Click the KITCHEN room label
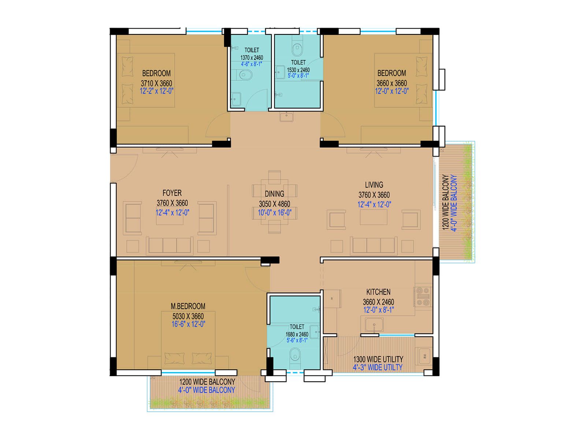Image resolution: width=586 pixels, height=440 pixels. [x=378, y=292]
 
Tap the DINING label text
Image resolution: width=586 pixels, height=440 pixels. [x=274, y=194]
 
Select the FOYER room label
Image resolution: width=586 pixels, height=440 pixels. [x=172, y=193]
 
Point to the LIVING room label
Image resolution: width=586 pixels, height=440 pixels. [x=374, y=185]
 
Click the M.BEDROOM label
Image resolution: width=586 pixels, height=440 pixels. [x=188, y=306]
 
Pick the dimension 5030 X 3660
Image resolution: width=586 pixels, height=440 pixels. [x=188, y=316]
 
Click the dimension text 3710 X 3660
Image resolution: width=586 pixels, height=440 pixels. [x=156, y=83]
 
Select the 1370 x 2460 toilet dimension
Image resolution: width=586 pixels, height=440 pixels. [x=252, y=58]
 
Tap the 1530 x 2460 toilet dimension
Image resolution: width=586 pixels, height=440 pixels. [x=298, y=70]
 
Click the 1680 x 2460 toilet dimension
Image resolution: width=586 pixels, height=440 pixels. [x=297, y=334]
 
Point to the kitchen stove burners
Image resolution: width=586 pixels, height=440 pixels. [x=423, y=297]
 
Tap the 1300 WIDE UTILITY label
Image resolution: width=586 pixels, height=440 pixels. [x=378, y=359]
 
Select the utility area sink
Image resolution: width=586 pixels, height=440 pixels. [x=424, y=355]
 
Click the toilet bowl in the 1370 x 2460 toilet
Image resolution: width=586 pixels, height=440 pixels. [x=245, y=76]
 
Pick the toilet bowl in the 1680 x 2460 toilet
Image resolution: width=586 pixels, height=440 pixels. [x=295, y=355]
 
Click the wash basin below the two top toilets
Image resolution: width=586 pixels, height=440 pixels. [x=286, y=117]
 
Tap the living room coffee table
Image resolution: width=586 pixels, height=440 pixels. [x=374, y=217]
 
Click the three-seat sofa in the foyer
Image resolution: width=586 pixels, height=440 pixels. [x=170, y=245]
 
